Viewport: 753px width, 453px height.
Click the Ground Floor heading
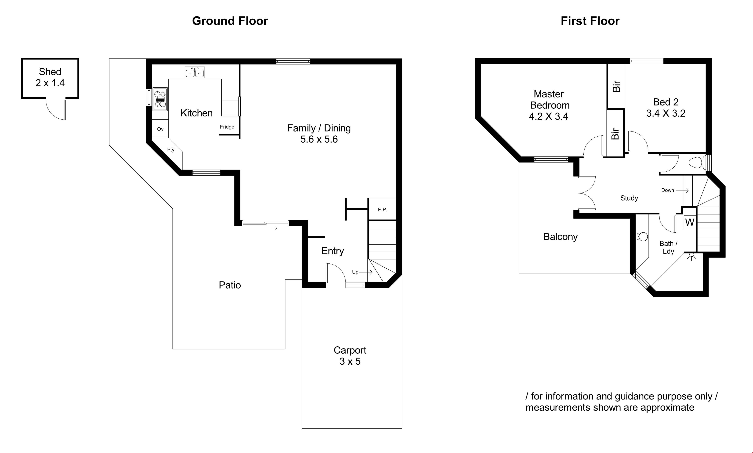[x=230, y=21]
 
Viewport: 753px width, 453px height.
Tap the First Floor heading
[x=590, y=21]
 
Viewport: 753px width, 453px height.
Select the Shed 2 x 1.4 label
[x=50, y=77]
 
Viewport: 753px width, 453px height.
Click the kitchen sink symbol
[x=195, y=72]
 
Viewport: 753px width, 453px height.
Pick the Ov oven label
[x=160, y=129]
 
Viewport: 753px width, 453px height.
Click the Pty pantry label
[x=171, y=150]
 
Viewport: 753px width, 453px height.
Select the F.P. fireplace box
[x=382, y=209]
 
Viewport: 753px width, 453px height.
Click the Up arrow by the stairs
[x=366, y=272]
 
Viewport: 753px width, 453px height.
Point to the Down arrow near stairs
[x=682, y=191]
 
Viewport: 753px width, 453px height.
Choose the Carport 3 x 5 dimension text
[x=350, y=361]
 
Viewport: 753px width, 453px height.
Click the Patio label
[x=230, y=285]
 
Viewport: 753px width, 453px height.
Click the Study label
[x=629, y=198]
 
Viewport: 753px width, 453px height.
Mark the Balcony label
[x=560, y=237]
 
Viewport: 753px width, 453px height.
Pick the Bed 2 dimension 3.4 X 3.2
[x=666, y=113]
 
